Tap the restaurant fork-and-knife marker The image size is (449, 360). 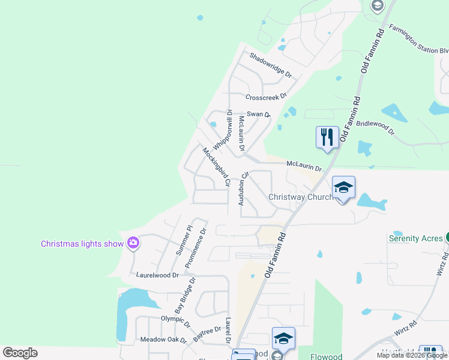point(326,137)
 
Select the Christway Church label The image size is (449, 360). point(301,197)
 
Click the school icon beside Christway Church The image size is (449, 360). point(343,188)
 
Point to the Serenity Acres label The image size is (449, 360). point(415,238)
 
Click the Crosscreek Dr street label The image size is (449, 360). point(266,97)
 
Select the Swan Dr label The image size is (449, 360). point(259,114)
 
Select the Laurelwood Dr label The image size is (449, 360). point(158,275)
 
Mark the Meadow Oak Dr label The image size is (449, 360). point(164,340)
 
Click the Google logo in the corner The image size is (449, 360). point(20,353)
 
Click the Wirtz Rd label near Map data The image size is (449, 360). point(406,329)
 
